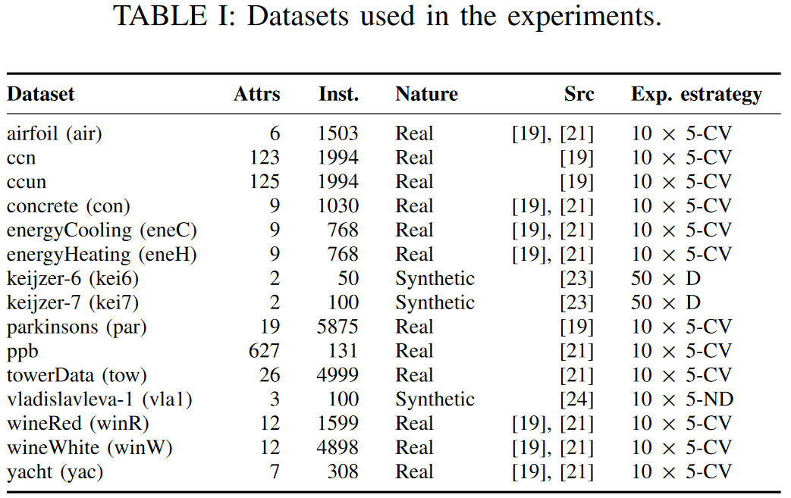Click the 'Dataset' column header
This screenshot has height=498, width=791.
(x=41, y=95)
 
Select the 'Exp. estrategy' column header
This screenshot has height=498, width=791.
(x=695, y=95)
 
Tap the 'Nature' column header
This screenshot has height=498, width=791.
(x=426, y=95)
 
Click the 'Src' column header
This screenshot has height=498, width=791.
(x=579, y=95)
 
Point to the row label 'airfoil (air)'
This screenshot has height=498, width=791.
(x=55, y=134)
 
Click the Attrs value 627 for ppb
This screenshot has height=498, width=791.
(x=264, y=351)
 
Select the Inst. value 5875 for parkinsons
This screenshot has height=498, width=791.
(x=338, y=327)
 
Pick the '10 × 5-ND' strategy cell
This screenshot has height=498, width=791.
(x=683, y=399)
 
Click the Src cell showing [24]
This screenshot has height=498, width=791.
(x=576, y=399)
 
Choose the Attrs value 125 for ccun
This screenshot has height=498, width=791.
(x=264, y=182)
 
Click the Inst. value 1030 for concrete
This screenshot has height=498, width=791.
(x=338, y=206)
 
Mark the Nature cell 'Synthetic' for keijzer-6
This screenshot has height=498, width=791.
(x=435, y=278)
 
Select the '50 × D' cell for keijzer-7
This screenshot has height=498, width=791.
(x=666, y=302)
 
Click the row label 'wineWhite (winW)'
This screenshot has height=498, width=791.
(x=89, y=448)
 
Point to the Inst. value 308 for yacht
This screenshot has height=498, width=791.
(x=344, y=472)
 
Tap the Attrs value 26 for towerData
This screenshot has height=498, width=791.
(x=269, y=375)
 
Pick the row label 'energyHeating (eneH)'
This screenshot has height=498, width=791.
(x=102, y=255)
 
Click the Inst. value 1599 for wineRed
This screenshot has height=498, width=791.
(x=338, y=424)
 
